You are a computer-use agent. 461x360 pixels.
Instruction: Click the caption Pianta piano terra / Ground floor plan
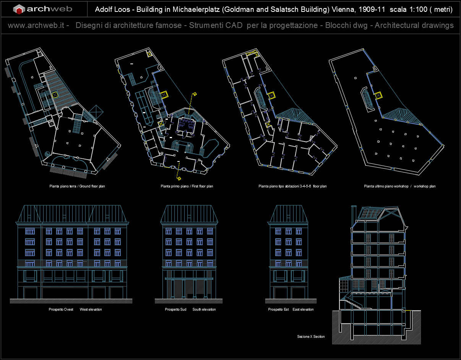tap(77, 186)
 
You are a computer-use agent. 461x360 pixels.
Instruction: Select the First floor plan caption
tap(187, 186)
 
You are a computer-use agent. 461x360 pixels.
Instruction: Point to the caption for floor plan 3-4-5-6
tap(292, 186)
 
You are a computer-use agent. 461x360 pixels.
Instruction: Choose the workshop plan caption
tap(399, 186)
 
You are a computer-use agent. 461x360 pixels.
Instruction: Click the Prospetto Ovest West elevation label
tap(75, 310)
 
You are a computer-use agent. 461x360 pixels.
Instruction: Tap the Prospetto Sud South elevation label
tap(190, 310)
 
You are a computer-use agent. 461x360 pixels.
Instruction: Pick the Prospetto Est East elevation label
tap(291, 310)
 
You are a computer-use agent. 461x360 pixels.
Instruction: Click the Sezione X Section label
tap(311, 337)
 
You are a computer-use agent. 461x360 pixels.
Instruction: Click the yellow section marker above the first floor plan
tap(194, 94)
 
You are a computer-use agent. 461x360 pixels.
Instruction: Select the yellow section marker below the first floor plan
tap(179, 178)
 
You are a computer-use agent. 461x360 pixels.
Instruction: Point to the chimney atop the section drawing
tap(354, 213)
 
